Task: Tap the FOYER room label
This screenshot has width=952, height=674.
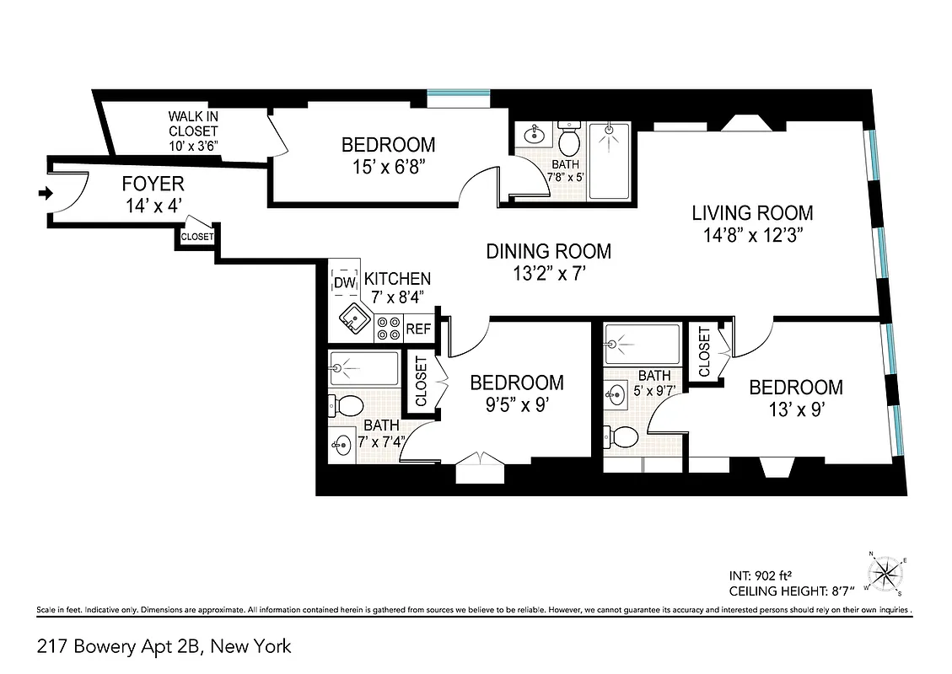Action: pos(153,184)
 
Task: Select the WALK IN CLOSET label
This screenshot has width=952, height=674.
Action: pos(193,131)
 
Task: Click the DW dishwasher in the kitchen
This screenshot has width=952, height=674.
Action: pos(343,283)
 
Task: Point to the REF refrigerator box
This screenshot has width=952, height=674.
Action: pos(418,329)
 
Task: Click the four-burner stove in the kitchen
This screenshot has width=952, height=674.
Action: pos(389,328)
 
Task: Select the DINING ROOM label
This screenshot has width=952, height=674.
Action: pos(548,251)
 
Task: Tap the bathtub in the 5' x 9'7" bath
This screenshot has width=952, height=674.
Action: pos(643,344)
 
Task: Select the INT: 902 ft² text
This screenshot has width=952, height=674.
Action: pos(761,576)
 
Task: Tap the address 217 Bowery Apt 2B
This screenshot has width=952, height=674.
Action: pos(164,647)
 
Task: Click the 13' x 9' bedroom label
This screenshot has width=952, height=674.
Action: pos(795,398)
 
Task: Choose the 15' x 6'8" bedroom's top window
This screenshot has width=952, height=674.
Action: pos(458,97)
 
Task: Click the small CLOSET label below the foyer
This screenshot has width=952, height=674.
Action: pos(197,238)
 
